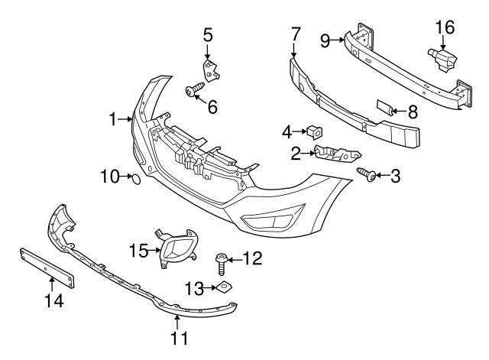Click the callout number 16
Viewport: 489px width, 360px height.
(445, 28)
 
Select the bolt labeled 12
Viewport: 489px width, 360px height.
(222, 264)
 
